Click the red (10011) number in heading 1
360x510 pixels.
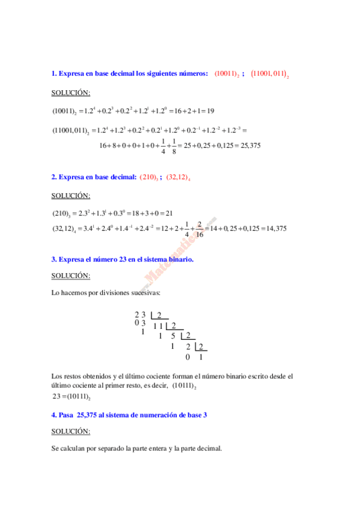[x=226, y=74]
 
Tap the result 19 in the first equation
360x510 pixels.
[x=210, y=111]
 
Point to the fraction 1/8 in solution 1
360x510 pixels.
[x=174, y=145]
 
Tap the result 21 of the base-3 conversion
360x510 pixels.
[x=169, y=213]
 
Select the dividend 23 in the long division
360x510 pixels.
[x=140, y=315]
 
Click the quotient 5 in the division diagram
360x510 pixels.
[x=173, y=336]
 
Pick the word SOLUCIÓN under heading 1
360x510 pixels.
[x=70, y=93]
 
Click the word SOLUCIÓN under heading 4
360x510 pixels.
[x=70, y=431]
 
